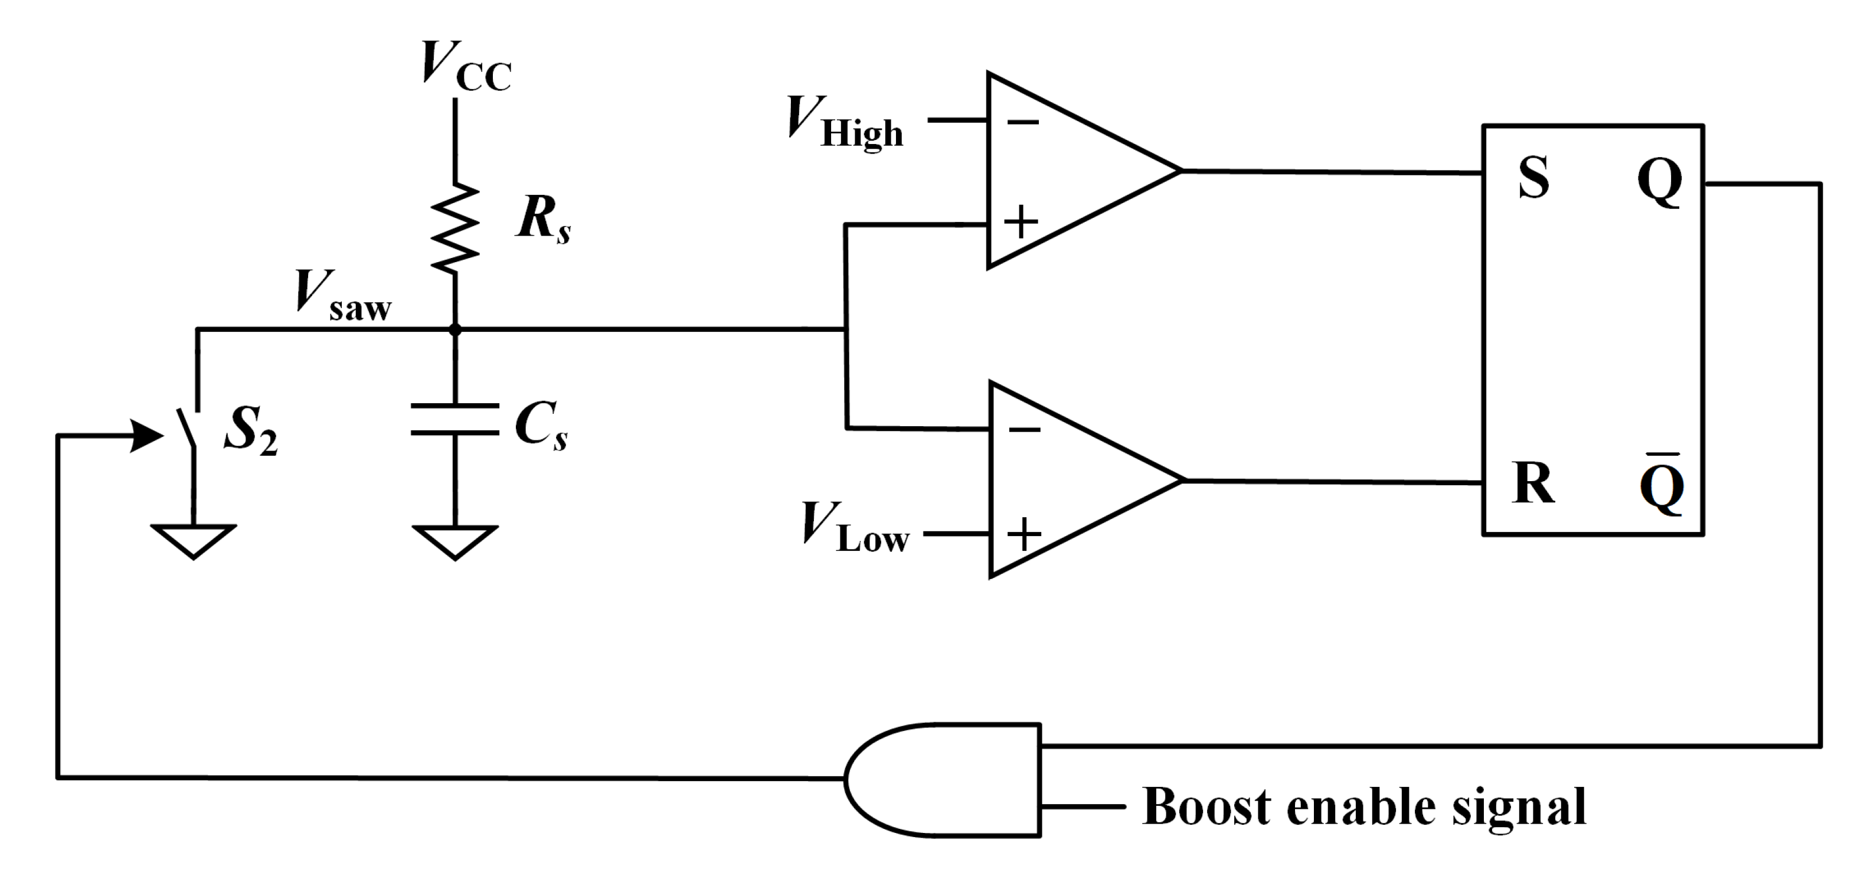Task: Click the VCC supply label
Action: [465, 67]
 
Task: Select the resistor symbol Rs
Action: [455, 228]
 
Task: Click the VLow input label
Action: [854, 528]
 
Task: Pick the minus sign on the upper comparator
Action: [1022, 122]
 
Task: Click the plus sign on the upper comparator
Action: [1021, 222]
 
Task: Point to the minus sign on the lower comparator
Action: [1024, 430]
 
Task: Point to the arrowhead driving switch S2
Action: [148, 436]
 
